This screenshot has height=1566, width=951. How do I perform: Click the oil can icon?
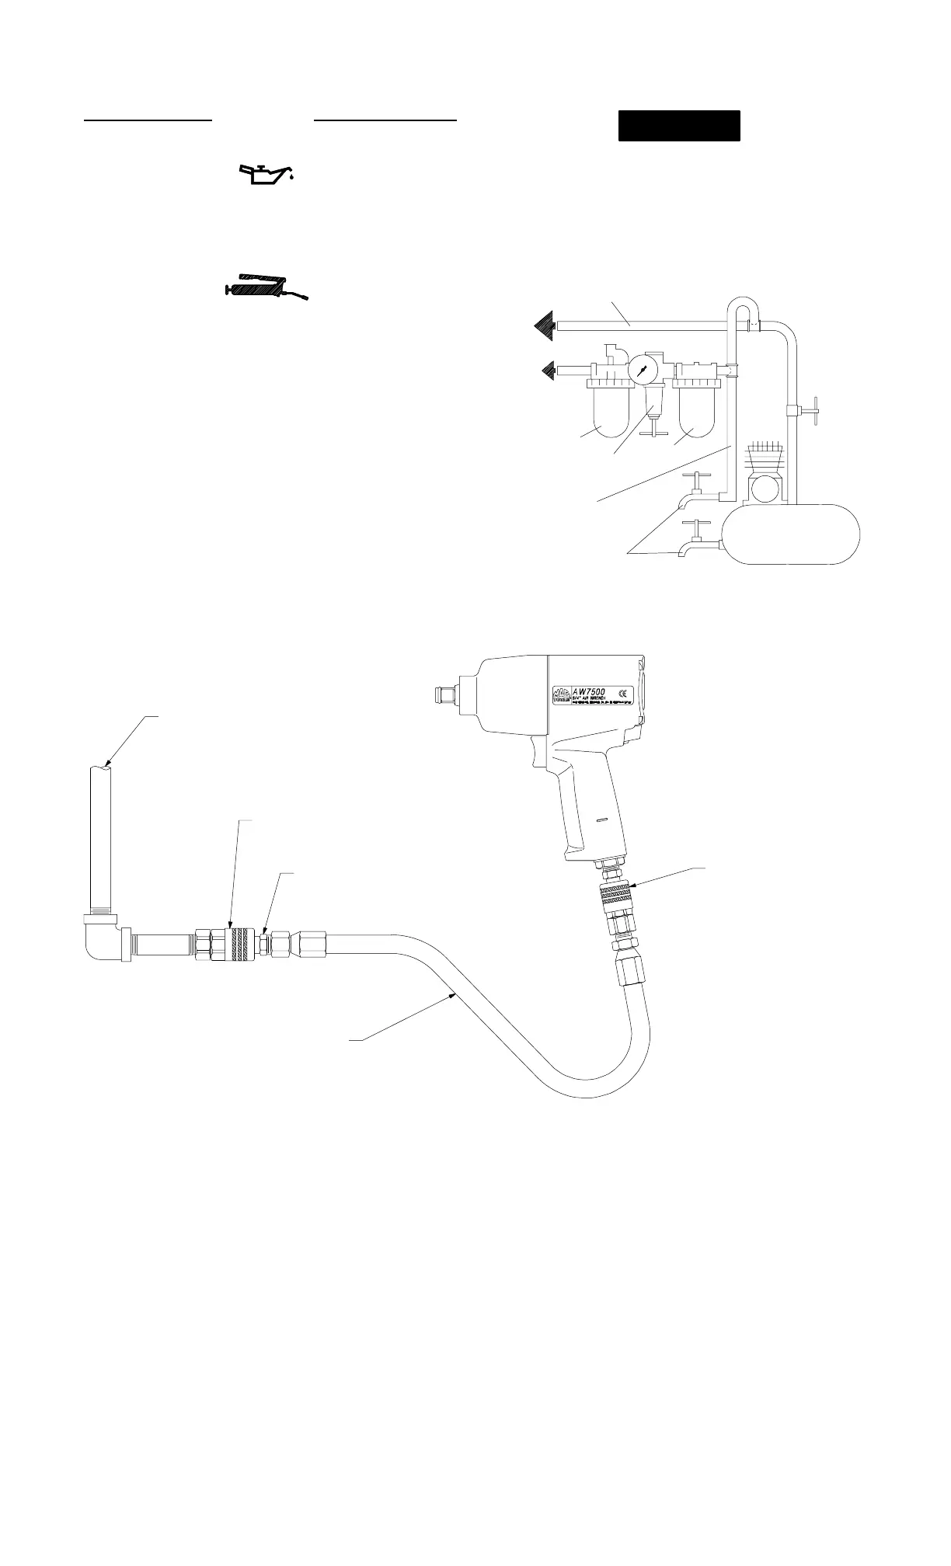tap(266, 175)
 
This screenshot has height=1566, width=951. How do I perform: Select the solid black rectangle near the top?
tap(679, 126)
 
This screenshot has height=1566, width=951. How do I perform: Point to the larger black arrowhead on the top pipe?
tap(543, 325)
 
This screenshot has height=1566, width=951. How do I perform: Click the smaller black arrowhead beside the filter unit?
tap(549, 371)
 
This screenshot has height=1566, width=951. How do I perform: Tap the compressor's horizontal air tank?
tap(791, 533)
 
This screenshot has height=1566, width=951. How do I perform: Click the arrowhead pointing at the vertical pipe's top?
tap(106, 765)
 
